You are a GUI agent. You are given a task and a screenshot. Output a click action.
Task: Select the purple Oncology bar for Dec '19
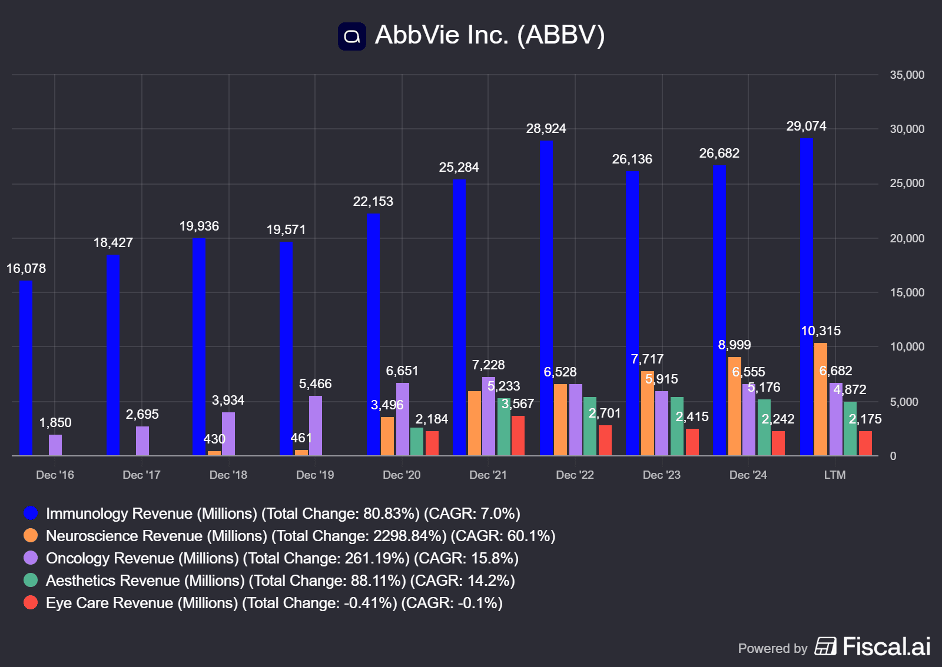(316, 425)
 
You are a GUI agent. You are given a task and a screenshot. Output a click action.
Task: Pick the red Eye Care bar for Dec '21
(518, 435)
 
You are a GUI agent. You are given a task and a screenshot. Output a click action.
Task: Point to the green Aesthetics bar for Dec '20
(417, 441)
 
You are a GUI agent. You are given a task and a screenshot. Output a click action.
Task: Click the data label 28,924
(546, 129)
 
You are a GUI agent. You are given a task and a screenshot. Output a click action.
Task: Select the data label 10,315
(821, 331)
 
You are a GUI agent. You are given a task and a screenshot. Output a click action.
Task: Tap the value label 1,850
(55, 423)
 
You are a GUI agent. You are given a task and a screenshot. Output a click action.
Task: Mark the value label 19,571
(286, 230)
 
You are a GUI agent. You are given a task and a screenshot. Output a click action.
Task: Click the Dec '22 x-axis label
(575, 475)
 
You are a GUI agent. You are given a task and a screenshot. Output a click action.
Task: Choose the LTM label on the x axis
(834, 475)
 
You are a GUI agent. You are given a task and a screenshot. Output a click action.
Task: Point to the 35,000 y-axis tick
(907, 75)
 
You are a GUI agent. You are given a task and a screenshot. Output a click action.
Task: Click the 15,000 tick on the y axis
(907, 293)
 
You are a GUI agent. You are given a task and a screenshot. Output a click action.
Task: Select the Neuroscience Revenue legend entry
(300, 536)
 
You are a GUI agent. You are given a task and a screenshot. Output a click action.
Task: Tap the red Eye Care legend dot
(31, 603)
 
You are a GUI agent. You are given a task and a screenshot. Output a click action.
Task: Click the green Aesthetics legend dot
(31, 581)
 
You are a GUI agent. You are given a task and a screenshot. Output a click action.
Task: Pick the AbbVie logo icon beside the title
(352, 36)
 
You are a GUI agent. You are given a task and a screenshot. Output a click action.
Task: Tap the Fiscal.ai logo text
(886, 646)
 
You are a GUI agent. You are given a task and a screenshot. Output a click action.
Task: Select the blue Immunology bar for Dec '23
(632, 313)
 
